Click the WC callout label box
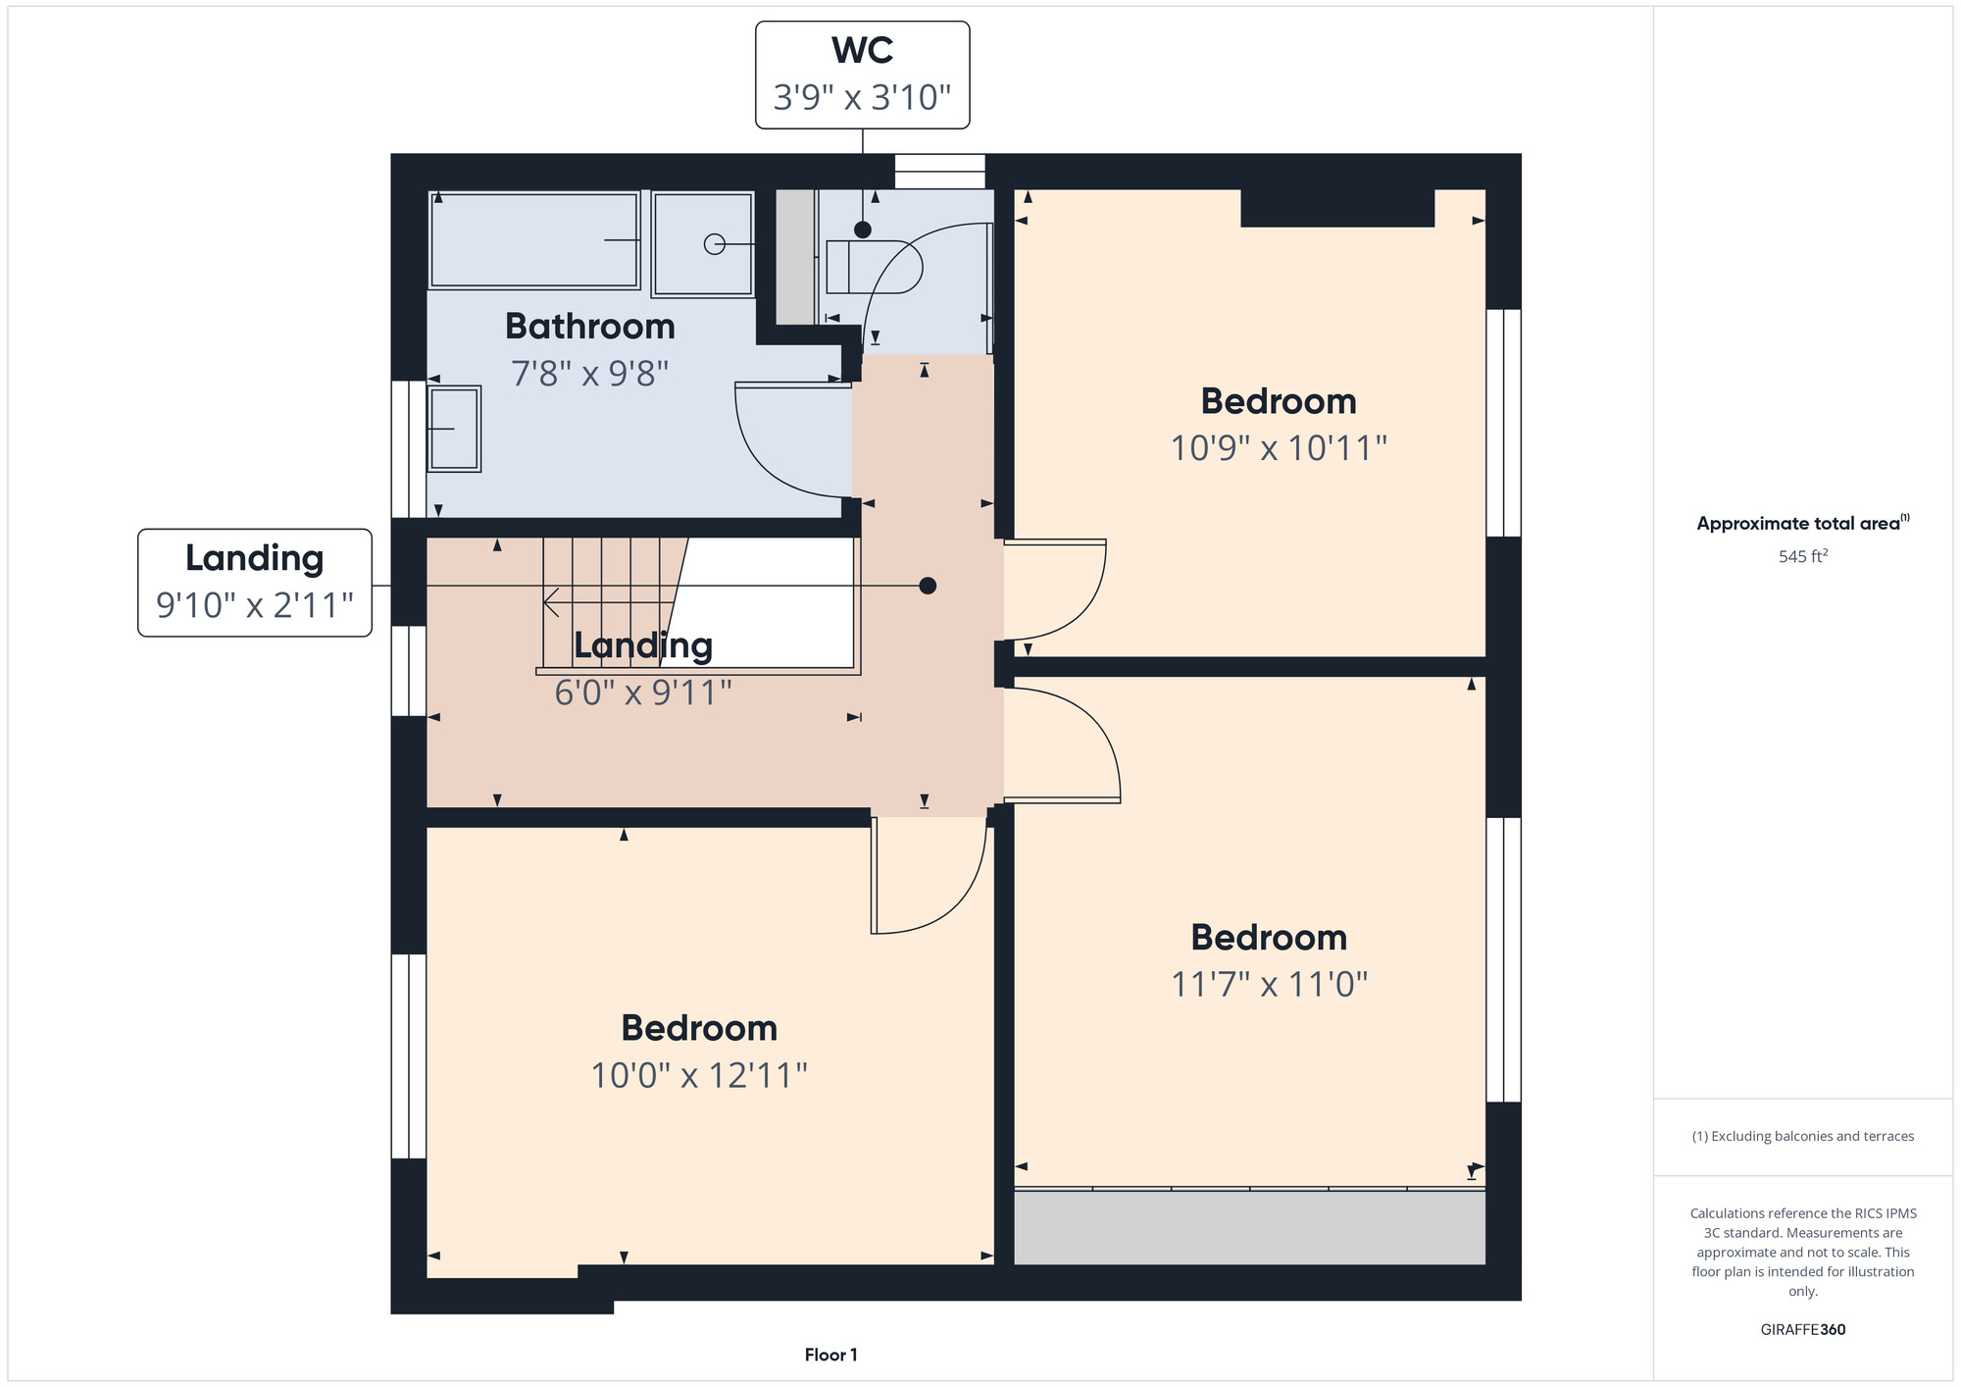click(x=862, y=75)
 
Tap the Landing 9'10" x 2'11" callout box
click(x=255, y=583)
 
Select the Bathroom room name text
click(x=590, y=326)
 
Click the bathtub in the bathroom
click(x=534, y=240)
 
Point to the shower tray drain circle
click(x=715, y=243)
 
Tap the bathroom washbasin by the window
click(x=454, y=429)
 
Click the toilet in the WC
click(x=874, y=266)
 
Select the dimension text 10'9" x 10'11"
click(x=1279, y=448)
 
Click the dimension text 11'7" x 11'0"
click(x=1270, y=984)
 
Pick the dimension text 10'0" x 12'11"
click(x=699, y=1075)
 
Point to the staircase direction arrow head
click(x=551, y=602)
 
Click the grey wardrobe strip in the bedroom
click(x=1249, y=1227)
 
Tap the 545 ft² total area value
click(x=1803, y=556)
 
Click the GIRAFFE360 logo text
click(x=1803, y=1330)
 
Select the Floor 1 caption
click(x=830, y=1355)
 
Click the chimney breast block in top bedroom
click(x=1337, y=208)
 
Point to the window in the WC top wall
click(x=939, y=172)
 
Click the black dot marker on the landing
click(x=928, y=586)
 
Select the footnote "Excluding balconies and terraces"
click(x=1803, y=1136)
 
